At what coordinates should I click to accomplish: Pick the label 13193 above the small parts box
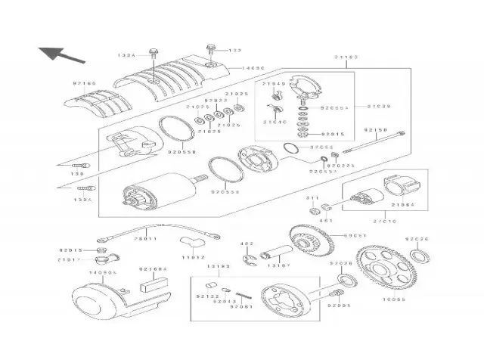point(220,268)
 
